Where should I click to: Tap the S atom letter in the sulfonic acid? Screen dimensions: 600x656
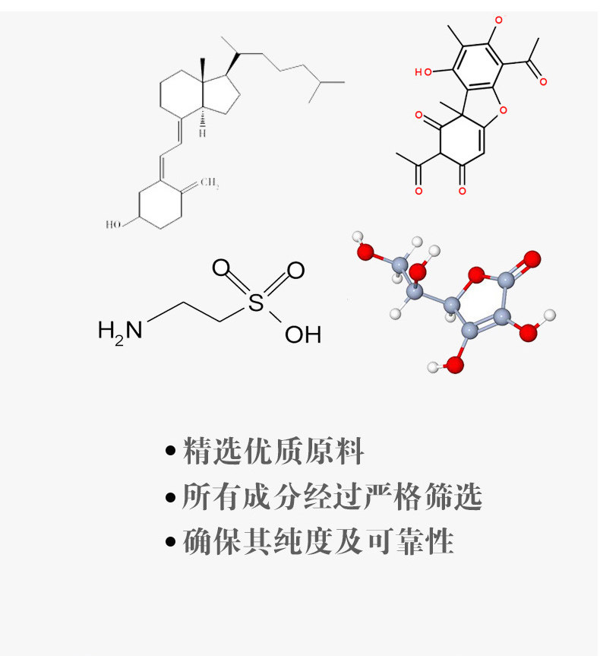pyautogui.click(x=256, y=303)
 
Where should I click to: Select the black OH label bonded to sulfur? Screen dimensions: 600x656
pyautogui.click(x=303, y=334)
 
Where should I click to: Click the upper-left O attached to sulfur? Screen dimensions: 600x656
pyautogui.click(x=221, y=268)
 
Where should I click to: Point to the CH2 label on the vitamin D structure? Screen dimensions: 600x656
pyautogui.click(x=210, y=183)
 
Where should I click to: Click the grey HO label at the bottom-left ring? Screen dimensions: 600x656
pyautogui.click(x=113, y=225)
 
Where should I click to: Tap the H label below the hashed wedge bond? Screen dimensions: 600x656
pyautogui.click(x=202, y=133)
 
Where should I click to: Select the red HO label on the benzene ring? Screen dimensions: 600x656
pyautogui.click(x=423, y=72)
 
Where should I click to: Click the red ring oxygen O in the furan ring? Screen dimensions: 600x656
pyautogui.click(x=503, y=110)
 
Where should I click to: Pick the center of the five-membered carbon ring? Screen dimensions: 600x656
pyautogui.click(x=222, y=93)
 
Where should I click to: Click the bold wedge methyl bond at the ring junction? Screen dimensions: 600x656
pyautogui.click(x=203, y=69)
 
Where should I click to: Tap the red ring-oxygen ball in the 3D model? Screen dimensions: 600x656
pyautogui.click(x=476, y=275)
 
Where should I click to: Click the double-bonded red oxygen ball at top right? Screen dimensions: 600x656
pyautogui.click(x=532, y=259)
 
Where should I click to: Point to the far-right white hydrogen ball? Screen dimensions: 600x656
pyautogui.click(x=550, y=315)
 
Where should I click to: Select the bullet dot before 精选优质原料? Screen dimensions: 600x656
pyautogui.click(x=170, y=451)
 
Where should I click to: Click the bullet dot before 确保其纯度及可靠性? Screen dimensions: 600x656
pyautogui.click(x=170, y=541)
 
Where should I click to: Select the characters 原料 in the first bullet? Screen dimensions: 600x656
pyautogui.click(x=334, y=451)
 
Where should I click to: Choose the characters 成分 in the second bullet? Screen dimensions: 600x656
pyautogui.click(x=272, y=496)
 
